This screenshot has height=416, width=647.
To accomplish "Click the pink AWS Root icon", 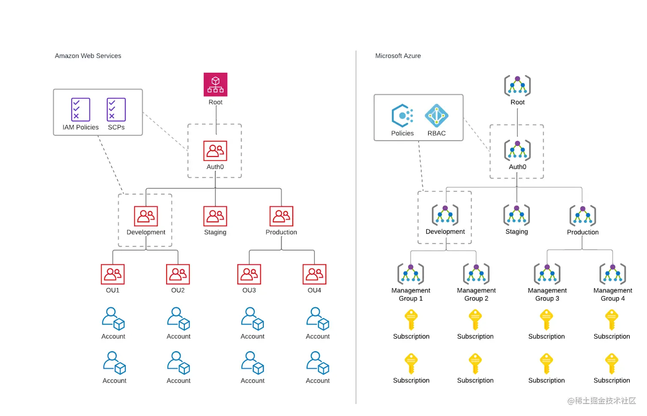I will click(215, 84).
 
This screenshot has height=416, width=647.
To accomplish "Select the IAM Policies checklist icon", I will click(80, 110).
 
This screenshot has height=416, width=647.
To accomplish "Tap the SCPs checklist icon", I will click(116, 110).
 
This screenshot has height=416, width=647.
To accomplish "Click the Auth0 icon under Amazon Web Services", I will click(215, 151).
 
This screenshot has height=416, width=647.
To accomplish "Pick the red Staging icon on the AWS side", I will click(215, 216).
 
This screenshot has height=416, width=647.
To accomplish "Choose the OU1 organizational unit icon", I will click(113, 274).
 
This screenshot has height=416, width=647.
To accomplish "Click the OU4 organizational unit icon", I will click(315, 274).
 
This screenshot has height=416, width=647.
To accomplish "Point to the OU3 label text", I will click(249, 290).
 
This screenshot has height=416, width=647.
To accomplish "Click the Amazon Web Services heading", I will click(88, 56).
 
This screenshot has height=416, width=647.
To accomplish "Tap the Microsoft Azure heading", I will click(398, 56).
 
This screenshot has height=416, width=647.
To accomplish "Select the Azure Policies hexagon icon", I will click(402, 116).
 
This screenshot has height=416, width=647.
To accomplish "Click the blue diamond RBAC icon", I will click(436, 116).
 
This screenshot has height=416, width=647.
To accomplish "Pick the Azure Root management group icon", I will click(517, 86).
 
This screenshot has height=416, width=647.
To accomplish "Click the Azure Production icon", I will click(583, 215).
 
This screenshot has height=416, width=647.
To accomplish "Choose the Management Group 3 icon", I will click(547, 274).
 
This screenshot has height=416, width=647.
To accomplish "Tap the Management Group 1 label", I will click(411, 294).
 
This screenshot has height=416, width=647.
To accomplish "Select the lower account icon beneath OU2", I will click(178, 363).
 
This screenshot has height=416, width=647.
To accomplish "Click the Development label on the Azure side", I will click(445, 231).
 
